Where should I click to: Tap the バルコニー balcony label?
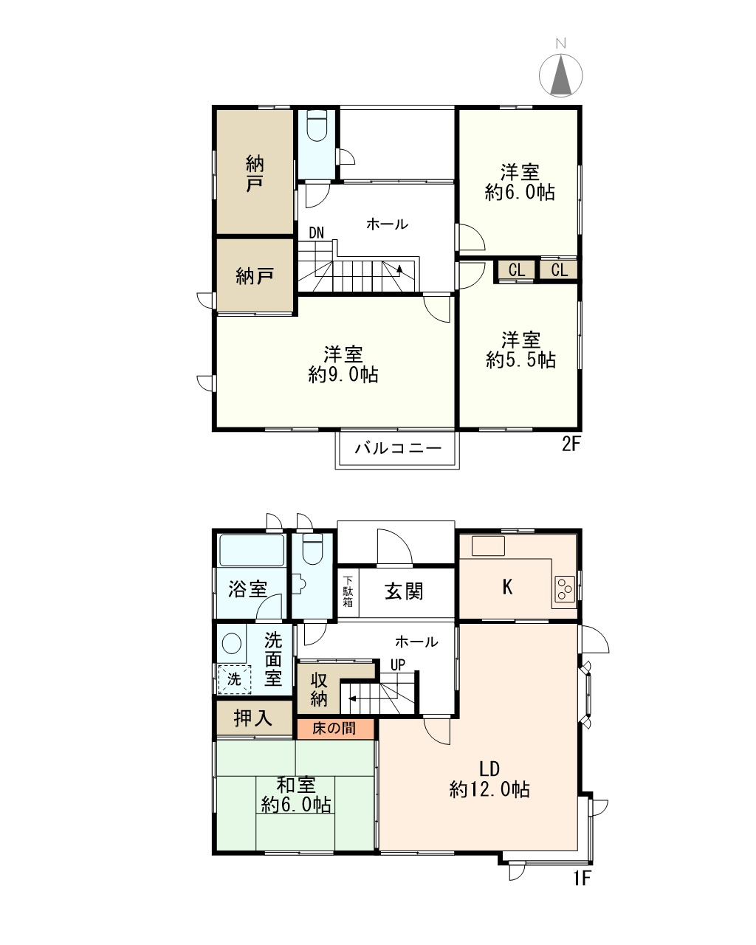coord(397,448)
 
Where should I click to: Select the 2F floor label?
coord(571,445)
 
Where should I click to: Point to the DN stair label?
coord(316,233)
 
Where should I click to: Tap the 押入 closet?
coord(254,718)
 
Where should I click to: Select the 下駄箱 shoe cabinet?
coord(348,592)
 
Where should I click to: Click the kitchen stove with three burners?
coord(565,588)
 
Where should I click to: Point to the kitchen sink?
coord(488,546)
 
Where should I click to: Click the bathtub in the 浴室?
coord(251,550)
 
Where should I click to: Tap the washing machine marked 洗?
coord(235,679)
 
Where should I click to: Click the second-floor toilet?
coord(317,126)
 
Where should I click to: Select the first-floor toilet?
coord(312,549)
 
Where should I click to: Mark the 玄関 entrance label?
coord(404,591)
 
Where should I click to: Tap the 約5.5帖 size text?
coord(520,360)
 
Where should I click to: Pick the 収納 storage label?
coord(319,689)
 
